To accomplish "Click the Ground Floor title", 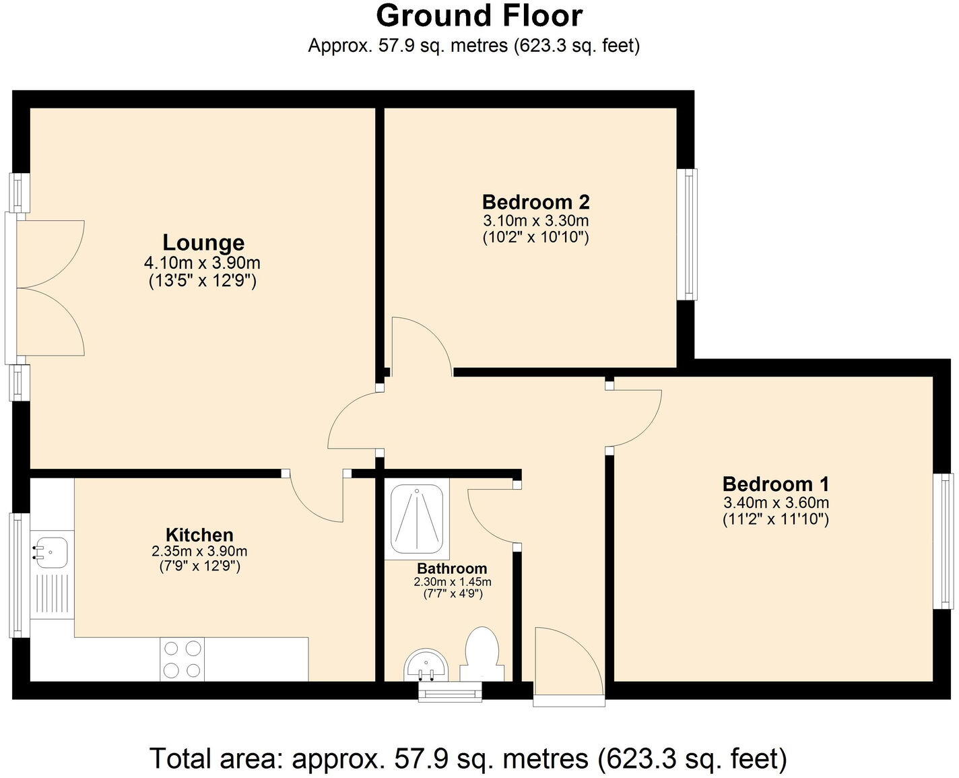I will coord(479,15).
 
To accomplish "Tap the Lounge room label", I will coord(203,242).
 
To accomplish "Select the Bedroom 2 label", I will coord(535,201).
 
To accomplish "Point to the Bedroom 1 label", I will coord(776,484).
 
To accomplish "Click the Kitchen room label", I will coord(199,535).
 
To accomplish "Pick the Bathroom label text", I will coord(452,569).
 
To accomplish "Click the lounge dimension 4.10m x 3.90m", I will coord(202,263).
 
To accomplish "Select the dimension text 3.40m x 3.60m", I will coord(776,503).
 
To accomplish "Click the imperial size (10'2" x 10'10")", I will coord(535,237).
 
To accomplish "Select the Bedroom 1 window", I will coord(947,541).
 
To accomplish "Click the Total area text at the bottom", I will coord(468,758).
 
